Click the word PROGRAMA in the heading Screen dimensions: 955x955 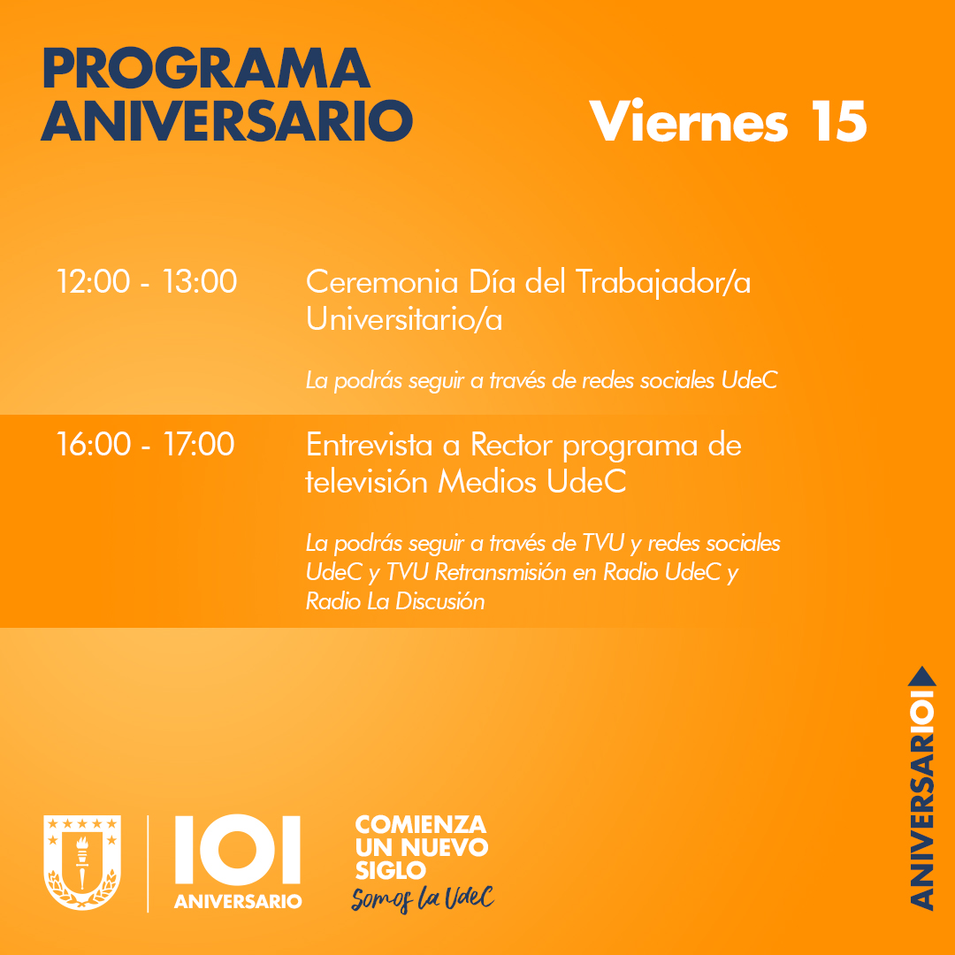[205, 69]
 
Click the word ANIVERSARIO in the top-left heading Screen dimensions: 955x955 [227, 121]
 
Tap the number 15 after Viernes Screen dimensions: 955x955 [835, 121]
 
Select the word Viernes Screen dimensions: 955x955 [689, 121]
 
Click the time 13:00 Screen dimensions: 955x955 [200, 282]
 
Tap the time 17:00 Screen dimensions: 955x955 [199, 444]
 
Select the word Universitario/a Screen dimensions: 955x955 [404, 319]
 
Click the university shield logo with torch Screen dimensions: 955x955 [82, 862]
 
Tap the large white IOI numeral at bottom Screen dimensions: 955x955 [238, 851]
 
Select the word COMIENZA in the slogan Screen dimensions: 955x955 [420, 825]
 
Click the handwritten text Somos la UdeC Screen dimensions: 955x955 [422, 898]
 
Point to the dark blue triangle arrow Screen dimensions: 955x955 [922, 676]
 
